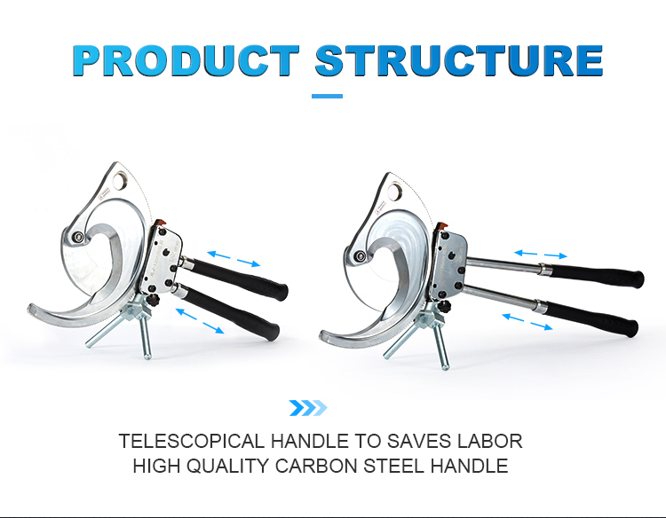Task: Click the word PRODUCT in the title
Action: click(186, 59)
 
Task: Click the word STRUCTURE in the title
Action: click(459, 59)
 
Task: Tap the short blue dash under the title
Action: click(327, 97)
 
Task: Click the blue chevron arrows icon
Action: click(308, 408)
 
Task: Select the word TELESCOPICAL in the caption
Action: click(191, 441)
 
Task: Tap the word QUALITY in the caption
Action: click(227, 466)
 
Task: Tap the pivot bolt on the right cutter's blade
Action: click(361, 255)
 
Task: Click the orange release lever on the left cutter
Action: click(160, 223)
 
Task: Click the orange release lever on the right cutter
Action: click(441, 224)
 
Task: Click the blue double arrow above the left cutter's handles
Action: click(234, 259)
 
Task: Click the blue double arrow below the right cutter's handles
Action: click(527, 321)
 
